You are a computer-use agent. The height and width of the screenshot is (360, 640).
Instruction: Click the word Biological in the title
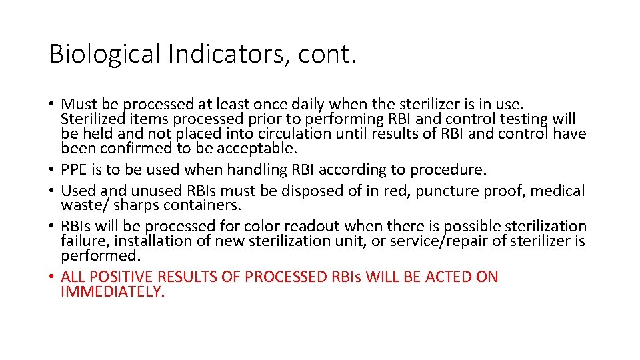105,54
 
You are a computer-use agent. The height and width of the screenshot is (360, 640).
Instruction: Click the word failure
81,241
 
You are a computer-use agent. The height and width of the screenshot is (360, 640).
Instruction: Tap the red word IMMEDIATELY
112,291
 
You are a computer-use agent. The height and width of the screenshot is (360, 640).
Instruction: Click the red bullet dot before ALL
52,277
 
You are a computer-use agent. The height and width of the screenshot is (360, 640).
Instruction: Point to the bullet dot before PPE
52,170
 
